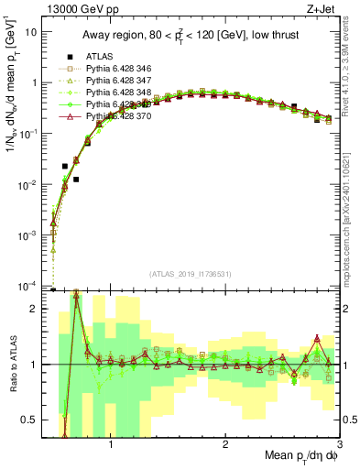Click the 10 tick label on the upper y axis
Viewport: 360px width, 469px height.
(x=29, y=31)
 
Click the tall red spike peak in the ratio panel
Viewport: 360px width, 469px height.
(x=75, y=292)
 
